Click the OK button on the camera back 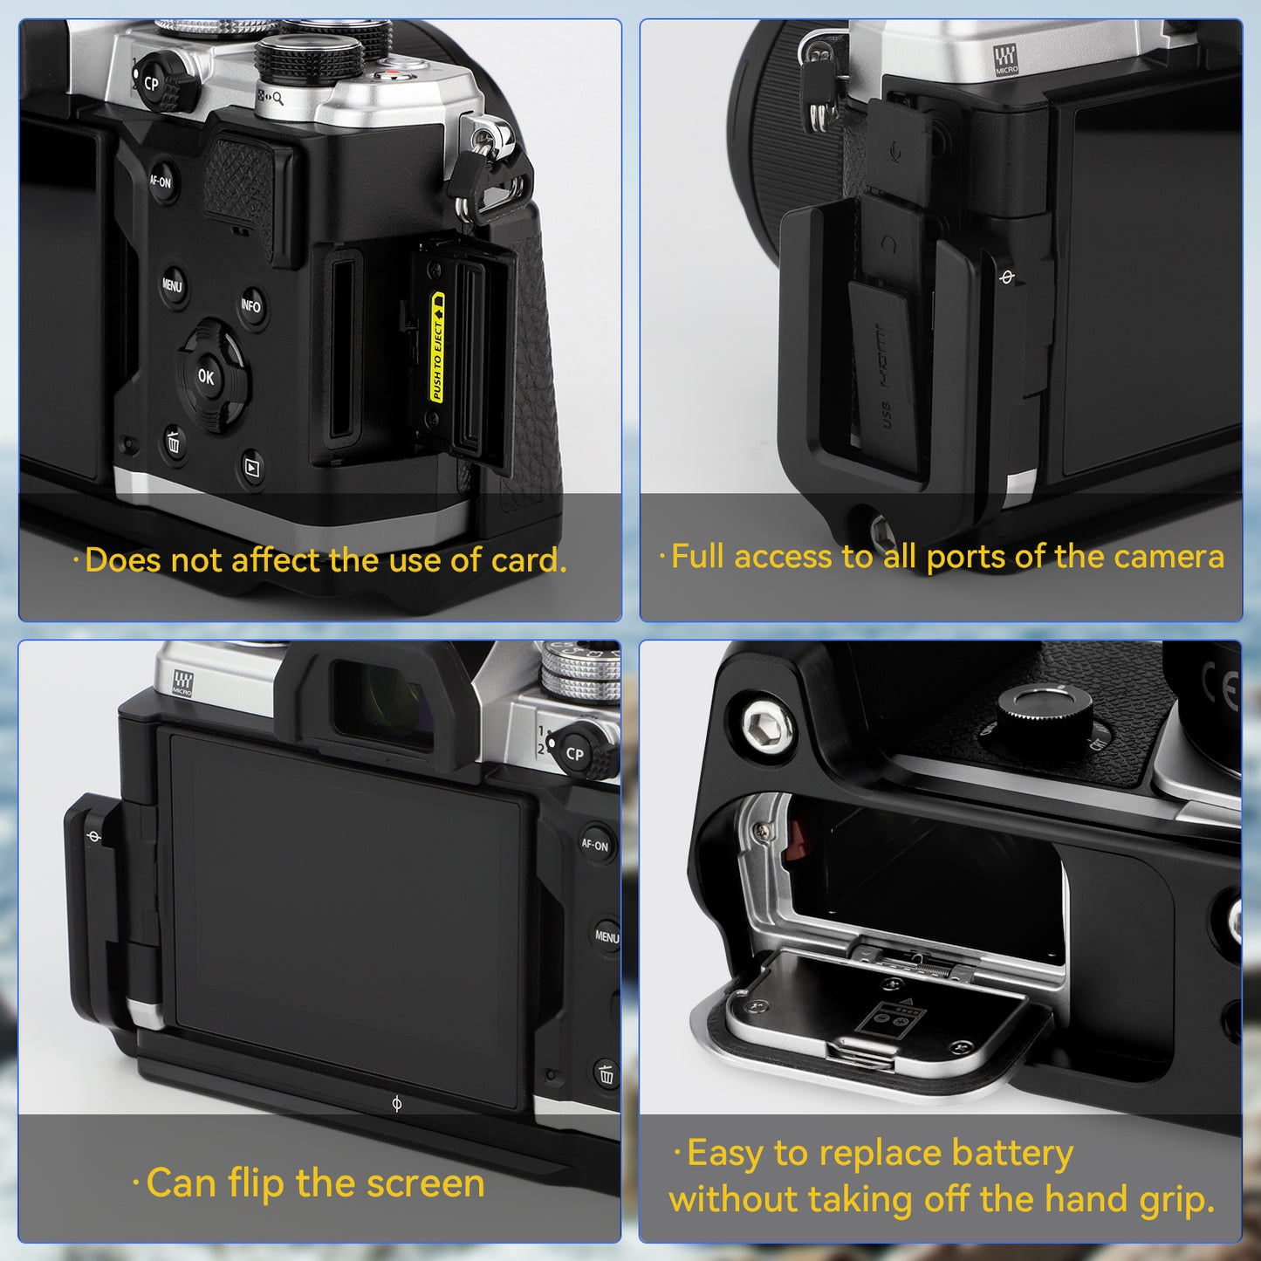click(x=206, y=377)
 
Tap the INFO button click(x=251, y=306)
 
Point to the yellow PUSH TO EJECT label click(x=437, y=348)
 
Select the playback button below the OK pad click(x=252, y=469)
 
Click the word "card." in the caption click(x=529, y=561)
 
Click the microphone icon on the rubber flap click(x=896, y=152)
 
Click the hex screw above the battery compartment click(x=767, y=724)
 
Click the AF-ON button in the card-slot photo click(x=161, y=182)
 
